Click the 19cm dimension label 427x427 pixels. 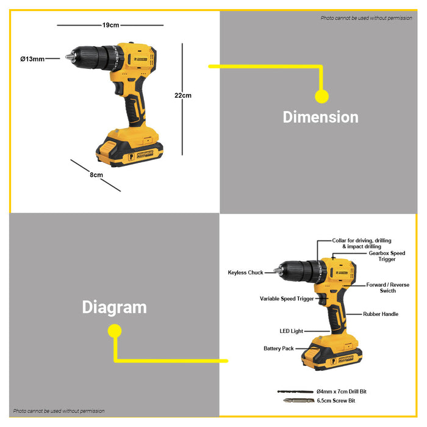(110, 25)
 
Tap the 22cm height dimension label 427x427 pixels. (183, 95)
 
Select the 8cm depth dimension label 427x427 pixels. (96, 175)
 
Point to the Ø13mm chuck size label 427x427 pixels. (32, 59)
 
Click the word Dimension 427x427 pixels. (320, 117)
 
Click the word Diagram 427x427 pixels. (114, 307)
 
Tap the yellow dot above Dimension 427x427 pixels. (321, 96)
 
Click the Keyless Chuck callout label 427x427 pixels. (245, 273)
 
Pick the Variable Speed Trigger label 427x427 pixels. (287, 299)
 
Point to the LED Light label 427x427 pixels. (291, 331)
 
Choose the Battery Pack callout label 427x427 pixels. (278, 348)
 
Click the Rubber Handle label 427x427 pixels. (381, 314)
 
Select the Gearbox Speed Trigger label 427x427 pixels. (387, 256)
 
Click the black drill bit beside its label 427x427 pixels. (295, 391)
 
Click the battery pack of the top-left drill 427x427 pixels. (126, 149)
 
